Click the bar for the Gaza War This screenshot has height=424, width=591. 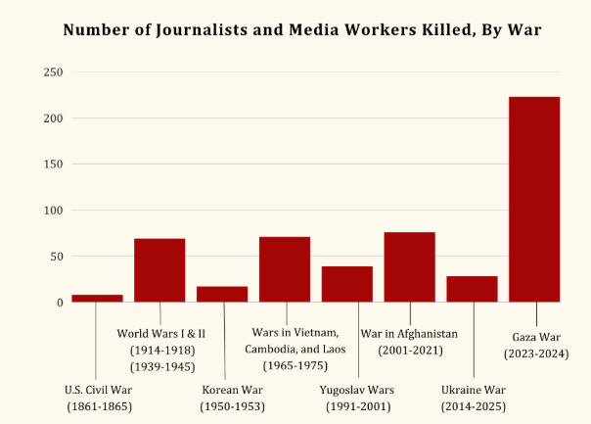[x=534, y=200]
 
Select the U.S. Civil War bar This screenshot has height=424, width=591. [x=97, y=298]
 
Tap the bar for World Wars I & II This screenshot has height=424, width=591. [x=159, y=270]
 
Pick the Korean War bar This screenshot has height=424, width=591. [x=222, y=294]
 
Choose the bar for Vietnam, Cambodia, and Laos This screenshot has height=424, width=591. [x=285, y=269]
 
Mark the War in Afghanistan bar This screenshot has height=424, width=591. [x=409, y=267]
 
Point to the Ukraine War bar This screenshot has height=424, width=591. [x=472, y=289]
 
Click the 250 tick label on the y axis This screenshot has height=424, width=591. [x=53, y=72]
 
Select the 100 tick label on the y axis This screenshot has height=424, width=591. [x=53, y=211]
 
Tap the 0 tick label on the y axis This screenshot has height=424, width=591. [x=60, y=303]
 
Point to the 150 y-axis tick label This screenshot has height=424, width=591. [x=53, y=165]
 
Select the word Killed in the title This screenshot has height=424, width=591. [x=435, y=29]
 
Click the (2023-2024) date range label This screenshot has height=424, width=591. [x=536, y=353]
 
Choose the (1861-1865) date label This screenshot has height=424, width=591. [x=98, y=405]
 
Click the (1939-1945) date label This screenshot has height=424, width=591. [x=162, y=367]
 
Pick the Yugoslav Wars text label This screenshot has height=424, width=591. [x=357, y=389]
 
